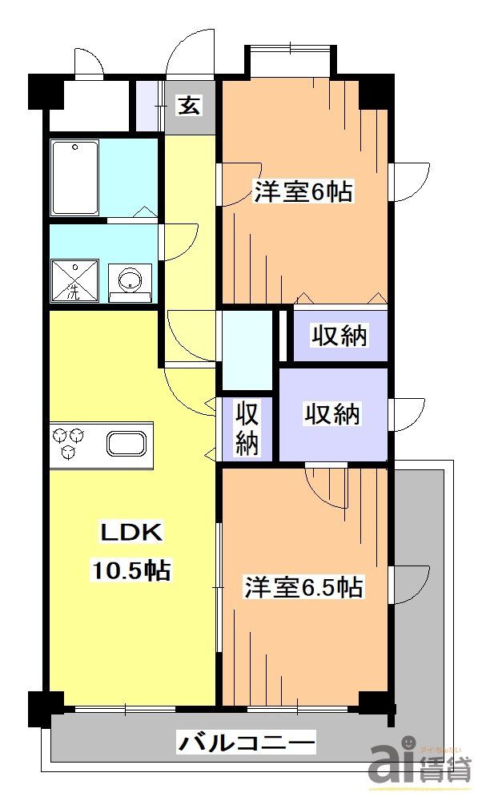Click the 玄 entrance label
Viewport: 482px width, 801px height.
coord(190,106)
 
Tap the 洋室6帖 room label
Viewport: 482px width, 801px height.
coord(303,192)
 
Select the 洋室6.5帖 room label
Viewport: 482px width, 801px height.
coord(303,588)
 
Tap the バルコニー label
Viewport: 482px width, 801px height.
coord(246,743)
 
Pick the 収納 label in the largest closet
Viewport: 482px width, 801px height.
coord(331,414)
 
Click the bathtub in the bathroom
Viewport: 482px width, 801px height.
coord(74,178)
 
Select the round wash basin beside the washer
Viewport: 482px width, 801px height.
coord(129,280)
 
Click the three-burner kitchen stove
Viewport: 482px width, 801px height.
coord(68,444)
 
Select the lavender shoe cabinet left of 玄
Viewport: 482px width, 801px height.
coord(149,106)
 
